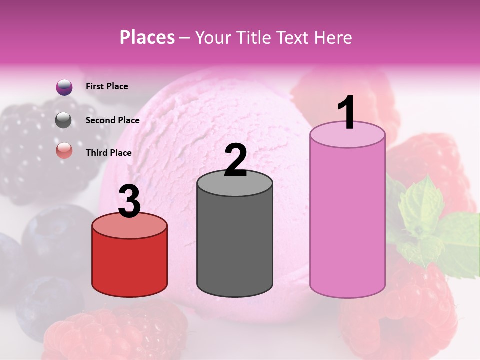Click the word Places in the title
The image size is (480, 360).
pyautogui.click(x=147, y=37)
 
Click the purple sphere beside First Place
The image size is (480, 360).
pyautogui.click(x=64, y=87)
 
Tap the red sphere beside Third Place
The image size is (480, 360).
pyautogui.click(x=64, y=150)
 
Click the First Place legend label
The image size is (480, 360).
pyautogui.click(x=107, y=86)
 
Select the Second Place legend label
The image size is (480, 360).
pyautogui.click(x=112, y=120)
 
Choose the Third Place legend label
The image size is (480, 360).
pyautogui.click(x=109, y=153)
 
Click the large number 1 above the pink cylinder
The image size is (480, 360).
pyautogui.click(x=347, y=113)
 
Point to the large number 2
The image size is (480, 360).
pyautogui.click(x=236, y=160)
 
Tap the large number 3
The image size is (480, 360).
pyautogui.click(x=129, y=202)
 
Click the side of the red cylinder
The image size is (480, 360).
pyautogui.click(x=130, y=265)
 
